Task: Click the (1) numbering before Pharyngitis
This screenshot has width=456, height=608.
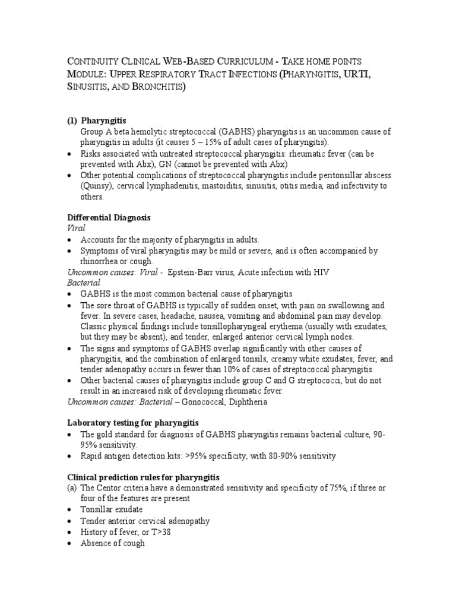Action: tap(72, 120)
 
